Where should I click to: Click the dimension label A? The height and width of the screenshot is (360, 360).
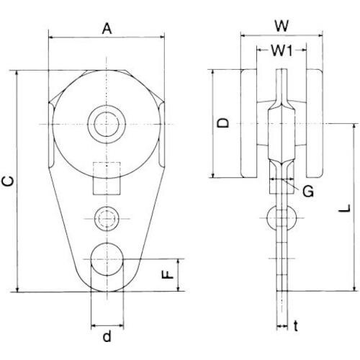tap(107, 30)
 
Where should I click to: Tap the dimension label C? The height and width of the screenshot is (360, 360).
tap(8, 181)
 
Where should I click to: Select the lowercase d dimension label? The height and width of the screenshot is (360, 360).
tap(107, 336)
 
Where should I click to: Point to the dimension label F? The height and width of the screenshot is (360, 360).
tap(167, 274)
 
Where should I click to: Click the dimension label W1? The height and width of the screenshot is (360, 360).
tap(282, 50)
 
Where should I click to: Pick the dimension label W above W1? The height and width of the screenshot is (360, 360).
tap(282, 26)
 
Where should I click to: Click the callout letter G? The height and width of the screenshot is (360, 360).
tap(308, 192)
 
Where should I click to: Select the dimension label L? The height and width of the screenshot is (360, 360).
tap(345, 208)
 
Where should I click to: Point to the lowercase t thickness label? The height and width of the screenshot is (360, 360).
tap(296, 326)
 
